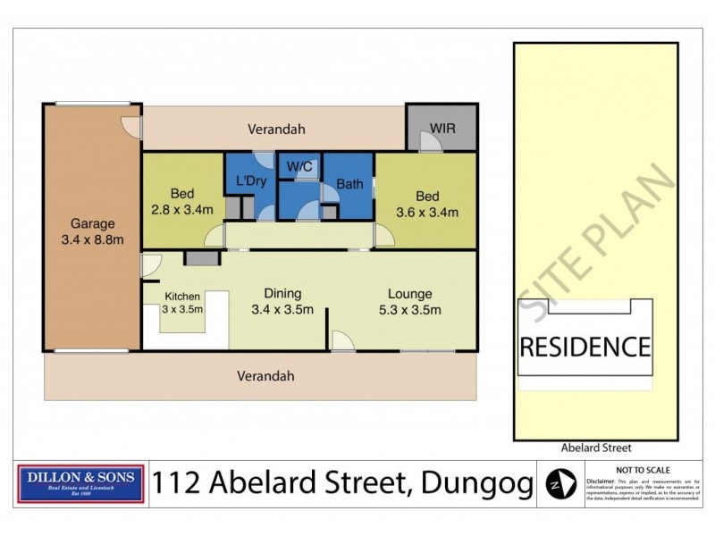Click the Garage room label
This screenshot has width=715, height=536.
92,224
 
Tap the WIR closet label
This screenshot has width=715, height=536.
442,129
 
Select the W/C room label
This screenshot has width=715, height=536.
299,166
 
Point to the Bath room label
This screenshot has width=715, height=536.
349,185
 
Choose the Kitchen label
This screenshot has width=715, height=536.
182,297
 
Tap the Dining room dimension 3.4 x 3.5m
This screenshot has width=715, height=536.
282,309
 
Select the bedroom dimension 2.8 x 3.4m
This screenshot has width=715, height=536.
182,211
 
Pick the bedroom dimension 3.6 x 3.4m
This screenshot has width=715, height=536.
427,212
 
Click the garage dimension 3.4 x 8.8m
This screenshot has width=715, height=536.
92,239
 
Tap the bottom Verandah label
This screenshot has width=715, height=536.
265,376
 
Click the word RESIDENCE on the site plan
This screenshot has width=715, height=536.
585,347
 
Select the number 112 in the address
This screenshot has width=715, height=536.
176,484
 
